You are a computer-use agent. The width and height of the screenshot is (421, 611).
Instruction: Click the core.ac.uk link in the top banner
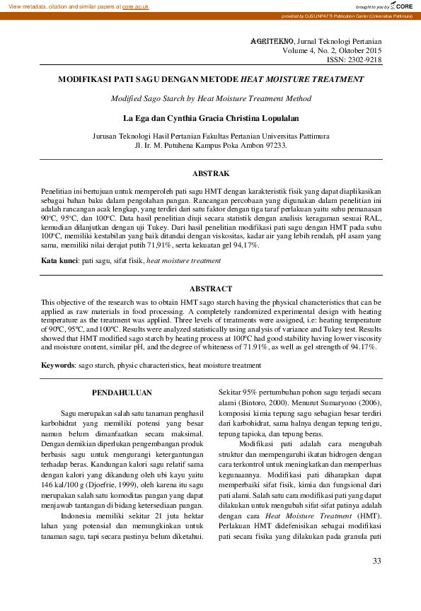[137, 6]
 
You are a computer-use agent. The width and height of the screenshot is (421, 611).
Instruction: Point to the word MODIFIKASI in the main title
[85, 80]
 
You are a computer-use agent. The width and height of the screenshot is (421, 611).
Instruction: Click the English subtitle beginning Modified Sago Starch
[211, 99]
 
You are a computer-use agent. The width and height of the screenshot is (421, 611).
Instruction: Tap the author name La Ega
[138, 117]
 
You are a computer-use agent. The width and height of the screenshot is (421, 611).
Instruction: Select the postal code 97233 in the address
[273, 145]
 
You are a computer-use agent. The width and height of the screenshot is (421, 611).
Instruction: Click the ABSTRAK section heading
[211, 173]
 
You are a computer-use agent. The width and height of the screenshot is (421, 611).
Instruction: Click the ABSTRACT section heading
[211, 289]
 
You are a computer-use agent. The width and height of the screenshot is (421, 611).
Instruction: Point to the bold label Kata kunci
[60, 261]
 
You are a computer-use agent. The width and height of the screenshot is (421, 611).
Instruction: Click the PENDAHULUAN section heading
[122, 392]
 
